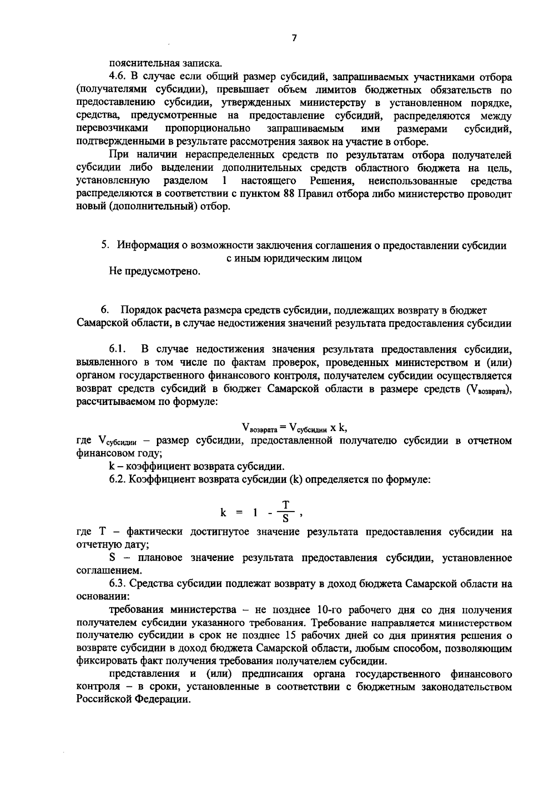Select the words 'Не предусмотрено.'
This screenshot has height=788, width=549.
coord(155,271)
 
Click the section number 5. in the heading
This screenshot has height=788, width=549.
coord(105,245)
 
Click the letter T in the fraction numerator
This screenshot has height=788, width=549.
coord(286,505)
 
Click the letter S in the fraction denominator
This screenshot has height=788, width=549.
coord(285,519)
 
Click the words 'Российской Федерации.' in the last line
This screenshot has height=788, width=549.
coord(133,700)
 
